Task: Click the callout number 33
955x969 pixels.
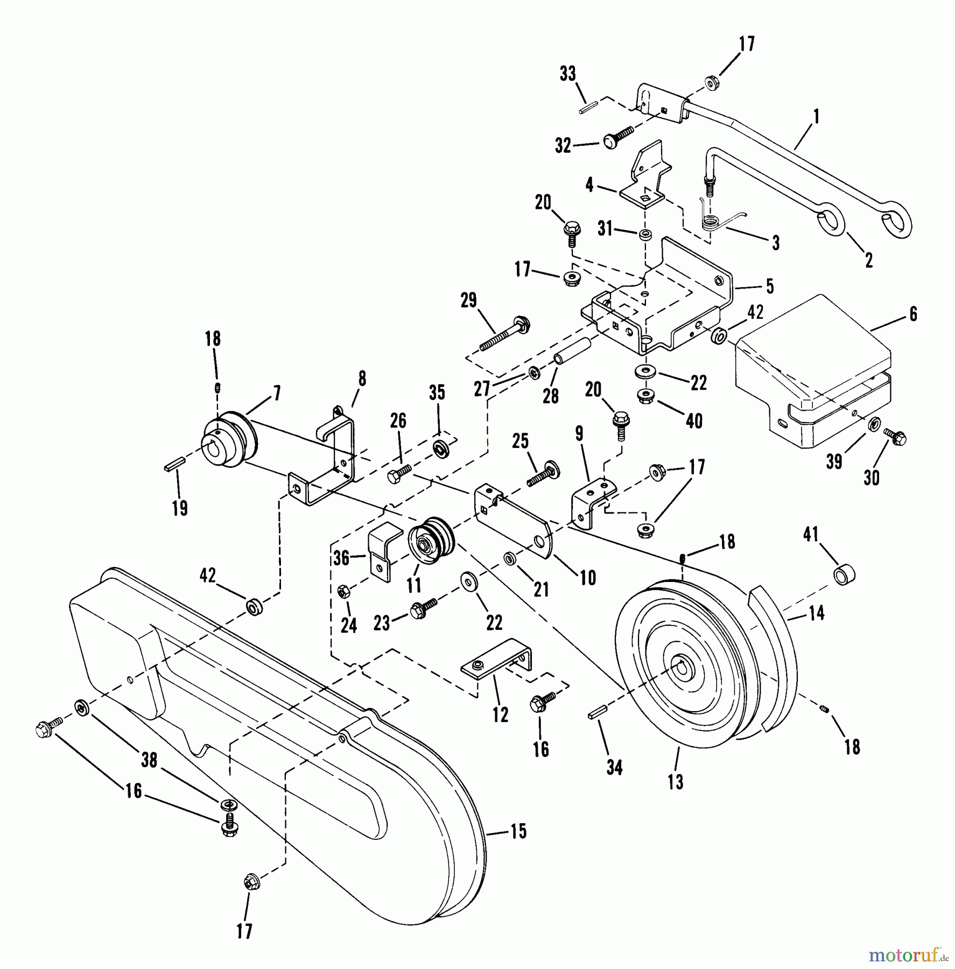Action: point(567,74)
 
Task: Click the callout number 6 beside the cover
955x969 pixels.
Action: point(913,314)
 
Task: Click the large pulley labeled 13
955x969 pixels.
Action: point(678,665)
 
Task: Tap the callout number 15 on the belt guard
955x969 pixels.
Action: point(518,832)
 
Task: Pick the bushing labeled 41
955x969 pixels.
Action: point(845,574)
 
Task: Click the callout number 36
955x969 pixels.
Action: point(341,558)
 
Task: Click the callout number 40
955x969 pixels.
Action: point(694,421)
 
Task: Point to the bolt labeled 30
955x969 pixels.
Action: point(895,437)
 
